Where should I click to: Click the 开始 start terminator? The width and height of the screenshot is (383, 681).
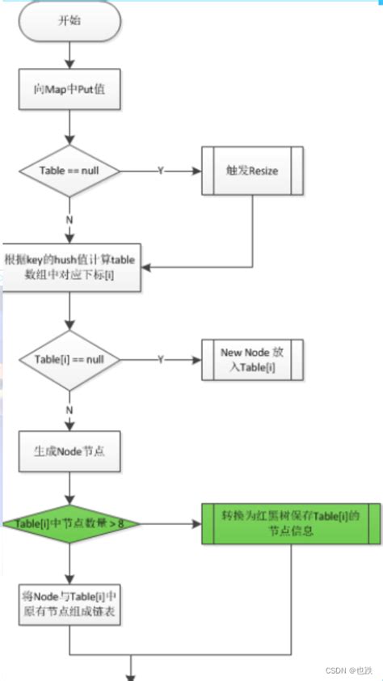coord(70,23)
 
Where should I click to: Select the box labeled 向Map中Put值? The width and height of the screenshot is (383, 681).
coord(70,91)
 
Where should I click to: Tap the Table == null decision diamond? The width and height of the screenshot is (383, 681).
coord(70,171)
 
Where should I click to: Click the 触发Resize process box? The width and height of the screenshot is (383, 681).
coord(251,171)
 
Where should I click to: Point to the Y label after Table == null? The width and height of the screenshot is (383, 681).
coord(160,171)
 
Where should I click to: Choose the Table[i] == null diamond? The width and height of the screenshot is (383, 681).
coord(70,357)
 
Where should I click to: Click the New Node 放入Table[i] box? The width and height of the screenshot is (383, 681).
coord(251,357)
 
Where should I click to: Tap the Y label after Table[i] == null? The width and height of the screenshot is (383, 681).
coord(160,357)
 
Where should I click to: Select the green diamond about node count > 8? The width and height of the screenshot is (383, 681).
coord(70,523)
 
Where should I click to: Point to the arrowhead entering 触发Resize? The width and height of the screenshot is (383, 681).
coord(196,171)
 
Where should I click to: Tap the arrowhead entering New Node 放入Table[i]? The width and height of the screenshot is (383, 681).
coord(196,357)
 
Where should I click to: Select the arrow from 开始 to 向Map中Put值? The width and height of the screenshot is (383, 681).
coord(70,55)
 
